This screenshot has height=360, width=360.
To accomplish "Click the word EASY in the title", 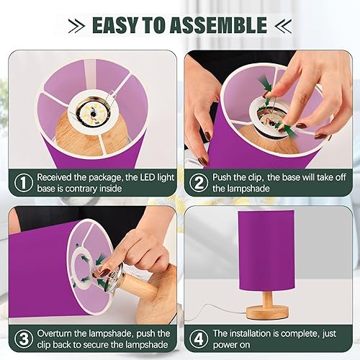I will click(117, 26).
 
